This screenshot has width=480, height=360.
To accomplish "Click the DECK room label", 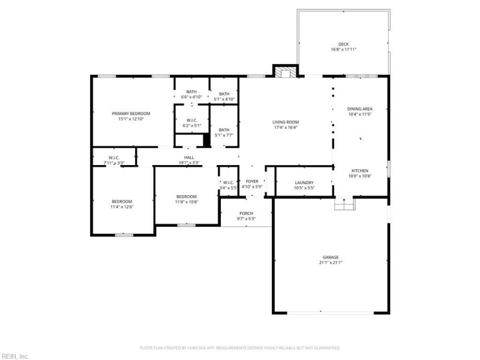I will coord(343,44).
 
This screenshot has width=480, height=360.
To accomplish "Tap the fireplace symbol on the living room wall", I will coord(285,72).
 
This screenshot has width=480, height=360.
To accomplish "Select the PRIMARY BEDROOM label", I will coord(131,113).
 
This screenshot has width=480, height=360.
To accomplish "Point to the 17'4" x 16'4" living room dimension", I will coord(286,127).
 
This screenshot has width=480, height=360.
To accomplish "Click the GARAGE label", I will coord(331,257).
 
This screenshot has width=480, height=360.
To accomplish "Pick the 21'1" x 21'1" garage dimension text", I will coord(331,263).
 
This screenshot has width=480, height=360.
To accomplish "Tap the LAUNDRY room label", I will coord(304,183).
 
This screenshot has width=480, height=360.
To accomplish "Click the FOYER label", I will coord(252,181).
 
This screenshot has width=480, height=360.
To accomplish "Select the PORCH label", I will coord(246,214).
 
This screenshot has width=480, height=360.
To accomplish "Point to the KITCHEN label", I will coord(360,170).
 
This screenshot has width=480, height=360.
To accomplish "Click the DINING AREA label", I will coord(360,109).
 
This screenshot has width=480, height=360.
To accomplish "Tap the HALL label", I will coord(188,158).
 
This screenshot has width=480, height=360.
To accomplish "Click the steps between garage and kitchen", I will coord(344,205).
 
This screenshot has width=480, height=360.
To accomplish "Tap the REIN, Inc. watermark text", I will coord(14,356).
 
